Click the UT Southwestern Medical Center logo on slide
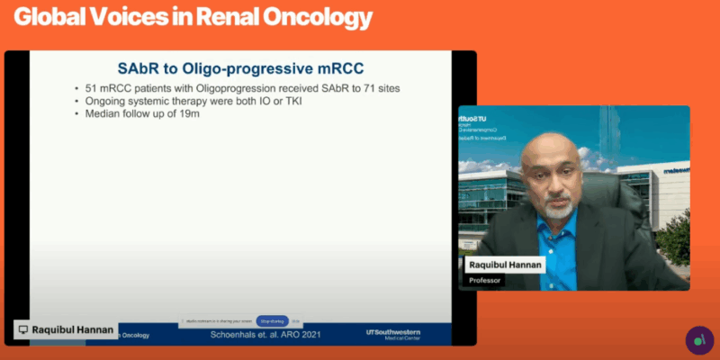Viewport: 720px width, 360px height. tap(392, 333)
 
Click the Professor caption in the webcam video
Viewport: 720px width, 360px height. tap(486, 281)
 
